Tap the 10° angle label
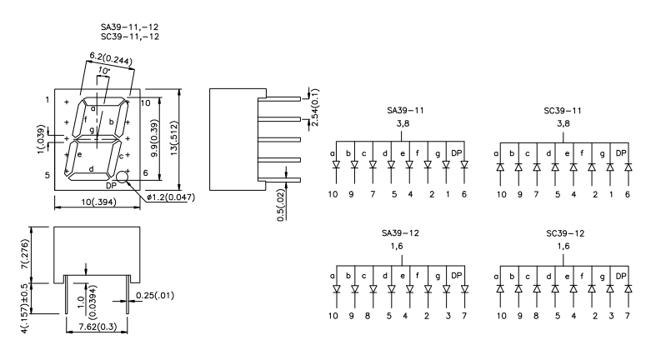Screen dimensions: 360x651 (103, 72)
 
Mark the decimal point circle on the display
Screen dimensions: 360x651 (123, 177)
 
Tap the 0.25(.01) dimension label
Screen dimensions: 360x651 (153, 294)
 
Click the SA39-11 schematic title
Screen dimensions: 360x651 (406, 110)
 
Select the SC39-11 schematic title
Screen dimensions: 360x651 (563, 110)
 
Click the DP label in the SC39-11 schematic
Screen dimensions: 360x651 (620, 152)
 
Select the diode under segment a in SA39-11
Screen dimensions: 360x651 (336, 167)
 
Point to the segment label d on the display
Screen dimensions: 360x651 (91, 168)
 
